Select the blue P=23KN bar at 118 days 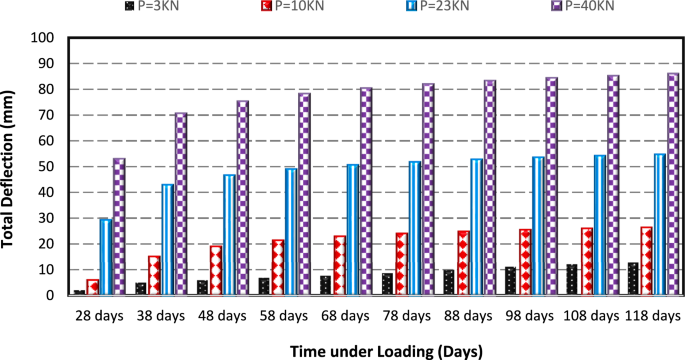point(660,225)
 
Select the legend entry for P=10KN point(340,9)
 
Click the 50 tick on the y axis point(48,167)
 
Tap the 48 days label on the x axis point(221,316)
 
